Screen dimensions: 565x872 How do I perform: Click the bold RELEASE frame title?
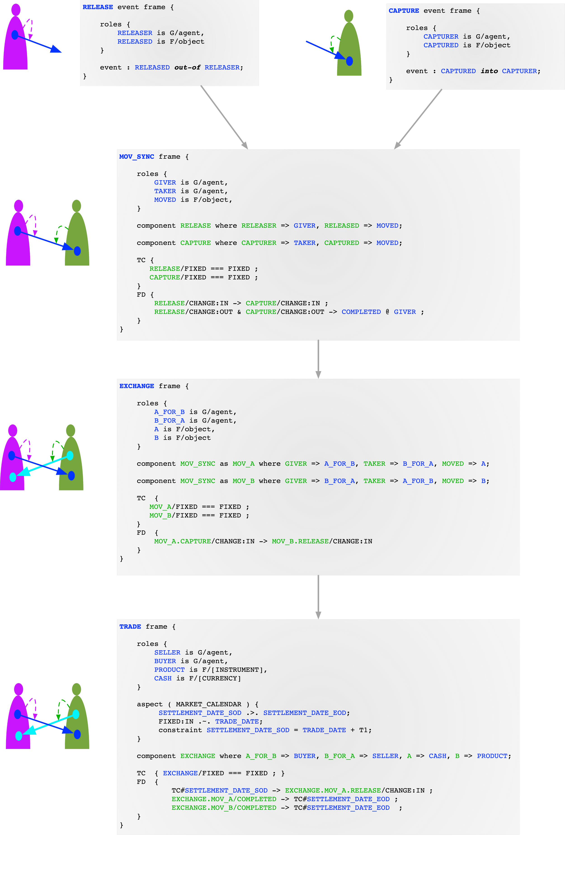point(98,7)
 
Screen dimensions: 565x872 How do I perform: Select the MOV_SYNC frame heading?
point(137,157)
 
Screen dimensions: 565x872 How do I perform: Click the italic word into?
point(489,71)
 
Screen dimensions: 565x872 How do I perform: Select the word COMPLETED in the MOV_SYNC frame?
point(361,312)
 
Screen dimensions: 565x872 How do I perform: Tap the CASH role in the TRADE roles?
point(163,678)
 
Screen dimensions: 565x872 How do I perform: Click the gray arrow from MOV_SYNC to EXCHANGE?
point(318,359)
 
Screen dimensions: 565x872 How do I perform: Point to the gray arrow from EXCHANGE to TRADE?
point(318,597)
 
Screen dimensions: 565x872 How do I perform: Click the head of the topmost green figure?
point(349,16)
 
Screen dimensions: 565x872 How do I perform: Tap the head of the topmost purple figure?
point(16,10)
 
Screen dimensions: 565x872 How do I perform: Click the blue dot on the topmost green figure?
point(349,61)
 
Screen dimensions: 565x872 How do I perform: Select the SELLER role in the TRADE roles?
point(167,652)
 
